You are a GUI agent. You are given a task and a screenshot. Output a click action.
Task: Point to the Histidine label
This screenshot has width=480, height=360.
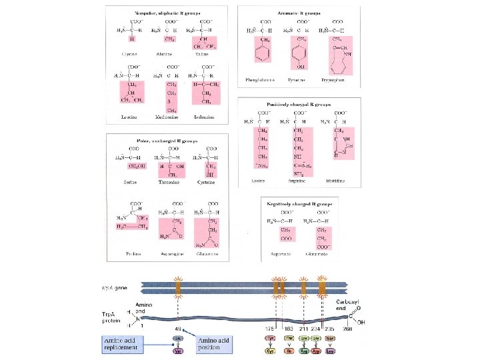click(x=337, y=180)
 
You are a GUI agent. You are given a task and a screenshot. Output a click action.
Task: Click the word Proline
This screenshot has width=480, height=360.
click(x=133, y=253)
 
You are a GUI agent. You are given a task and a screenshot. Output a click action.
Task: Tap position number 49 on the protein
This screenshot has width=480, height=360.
click(x=178, y=328)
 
